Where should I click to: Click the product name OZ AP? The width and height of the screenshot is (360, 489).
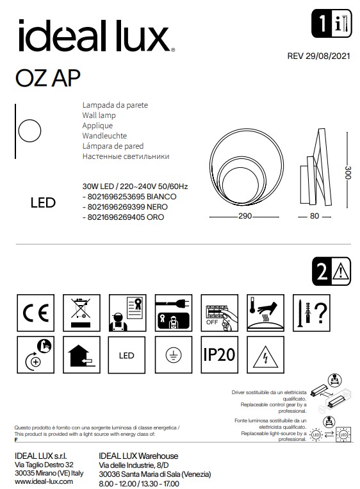click(48, 76)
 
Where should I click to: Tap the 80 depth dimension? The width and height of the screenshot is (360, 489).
click(314, 217)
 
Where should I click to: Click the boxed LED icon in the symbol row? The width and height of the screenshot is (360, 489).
click(125, 355)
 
